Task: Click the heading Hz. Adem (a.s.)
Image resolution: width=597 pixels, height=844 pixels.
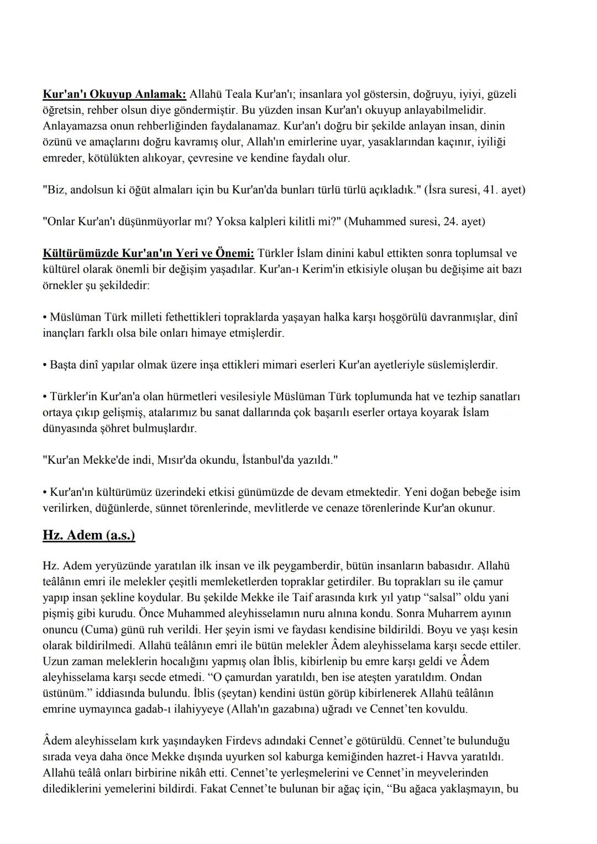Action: pyautogui.click(x=88, y=535)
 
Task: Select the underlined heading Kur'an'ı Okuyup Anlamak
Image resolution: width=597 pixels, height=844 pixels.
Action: pyautogui.click(x=114, y=94)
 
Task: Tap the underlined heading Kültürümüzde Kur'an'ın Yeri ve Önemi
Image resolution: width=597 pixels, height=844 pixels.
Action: pyautogui.click(x=148, y=253)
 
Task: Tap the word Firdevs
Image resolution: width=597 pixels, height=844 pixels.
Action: pyautogui.click(x=252, y=741)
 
